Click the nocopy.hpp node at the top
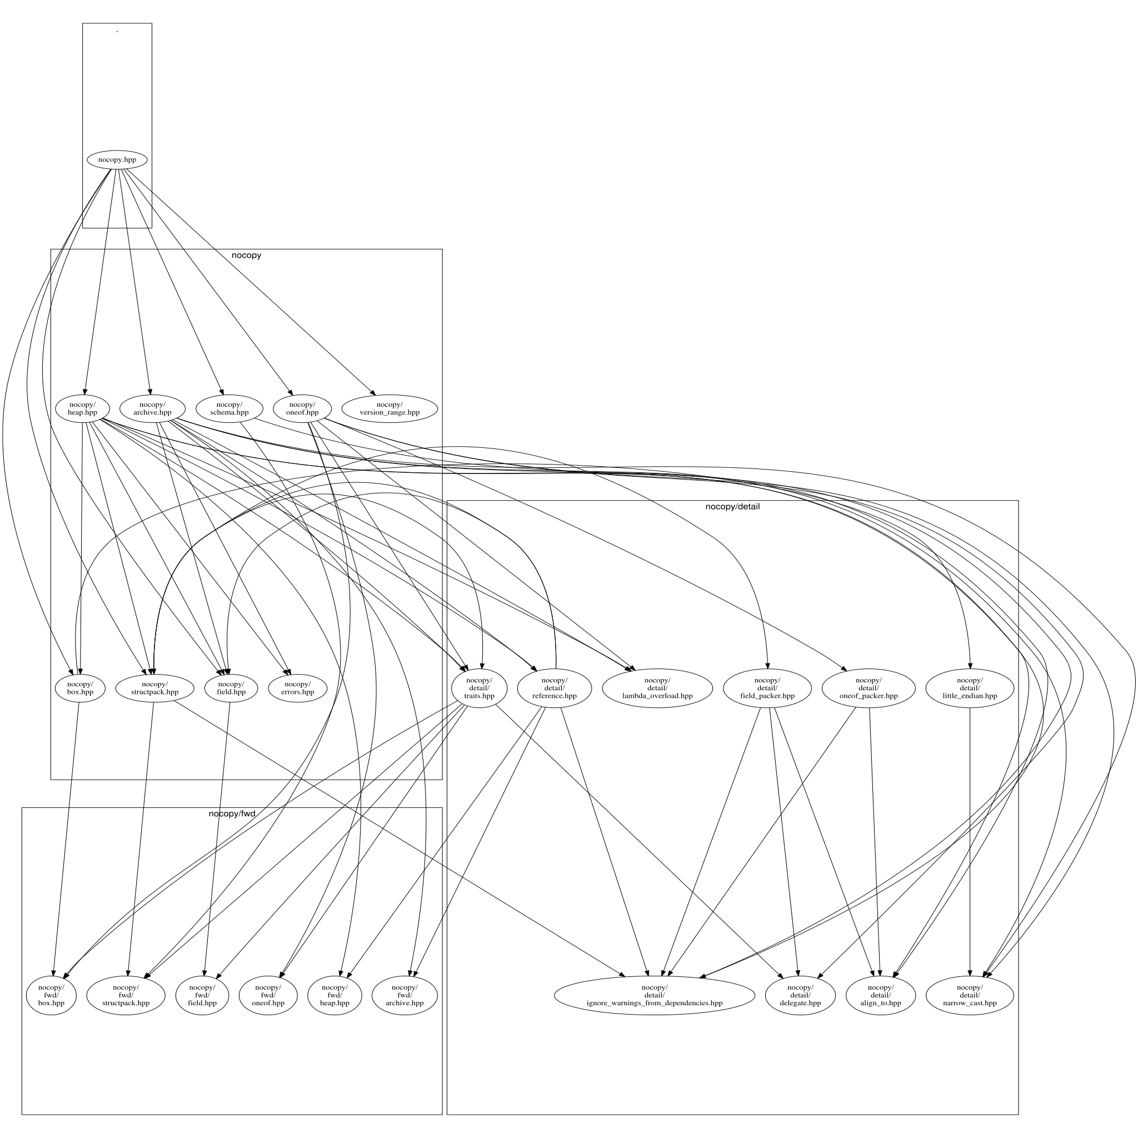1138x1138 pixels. [117, 159]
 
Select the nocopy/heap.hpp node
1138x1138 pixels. [82, 408]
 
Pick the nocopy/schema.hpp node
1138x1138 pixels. [229, 408]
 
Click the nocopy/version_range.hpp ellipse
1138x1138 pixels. [390, 408]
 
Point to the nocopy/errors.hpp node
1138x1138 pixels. [297, 688]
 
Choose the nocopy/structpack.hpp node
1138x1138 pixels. [155, 688]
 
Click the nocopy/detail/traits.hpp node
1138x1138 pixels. [479, 688]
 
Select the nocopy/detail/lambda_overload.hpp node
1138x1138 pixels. [657, 688]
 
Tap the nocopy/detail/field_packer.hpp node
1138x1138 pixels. [767, 688]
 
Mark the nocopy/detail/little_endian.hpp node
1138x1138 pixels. [970, 688]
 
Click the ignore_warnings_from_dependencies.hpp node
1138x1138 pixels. [654, 995]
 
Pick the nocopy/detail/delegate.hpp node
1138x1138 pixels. [800, 995]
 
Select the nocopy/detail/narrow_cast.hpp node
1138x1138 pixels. [970, 995]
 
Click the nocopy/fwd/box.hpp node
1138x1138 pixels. [51, 995]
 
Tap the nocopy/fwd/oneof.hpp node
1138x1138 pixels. [268, 995]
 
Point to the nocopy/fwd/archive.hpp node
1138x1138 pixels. [405, 995]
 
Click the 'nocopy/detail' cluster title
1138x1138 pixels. [732, 507]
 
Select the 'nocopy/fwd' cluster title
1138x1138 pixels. [232, 813]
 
